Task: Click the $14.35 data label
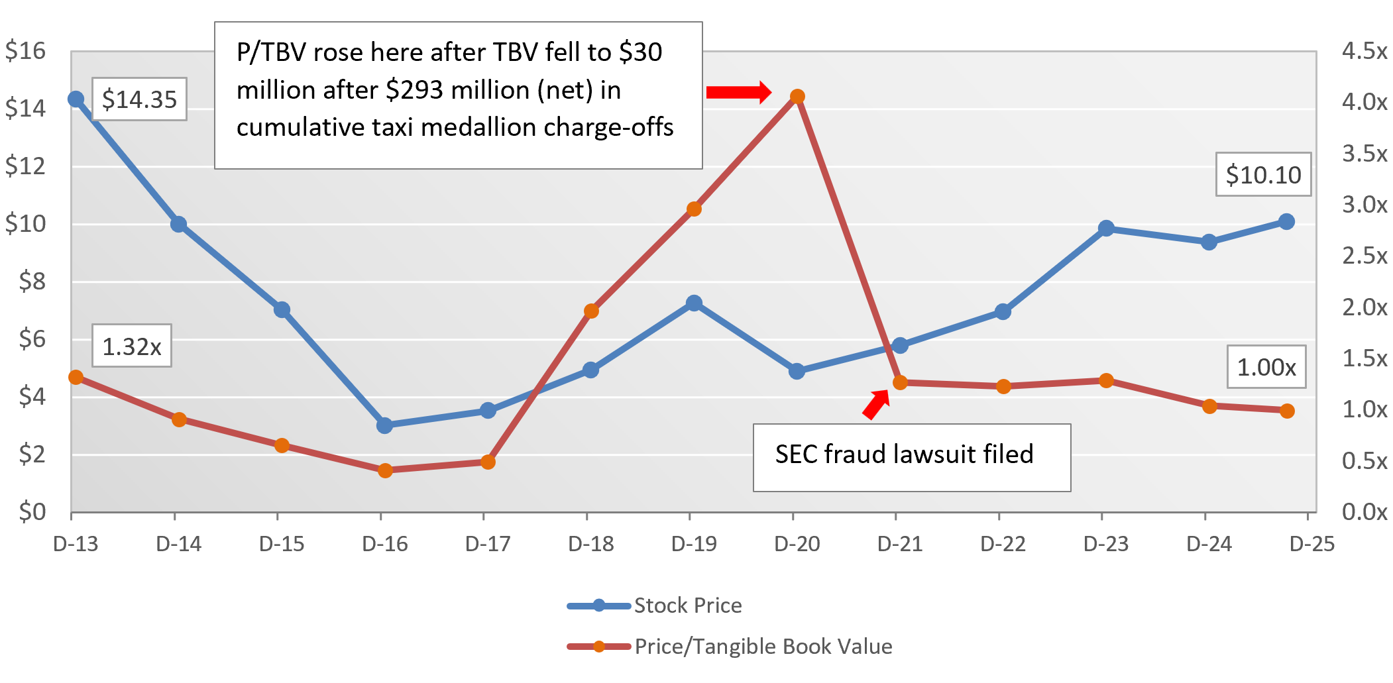[x=139, y=99]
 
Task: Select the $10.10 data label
[x=1263, y=175]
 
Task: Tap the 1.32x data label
[x=132, y=346]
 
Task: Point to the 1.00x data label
[x=1266, y=366]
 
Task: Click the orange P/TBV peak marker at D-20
[x=797, y=97]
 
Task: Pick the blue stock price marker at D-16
[x=384, y=425]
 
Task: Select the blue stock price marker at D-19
[x=694, y=303]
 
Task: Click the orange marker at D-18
[x=591, y=311]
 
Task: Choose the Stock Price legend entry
[x=687, y=605]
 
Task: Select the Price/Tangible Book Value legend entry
[x=763, y=647]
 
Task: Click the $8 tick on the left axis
[x=32, y=282]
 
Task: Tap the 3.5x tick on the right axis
[x=1364, y=154]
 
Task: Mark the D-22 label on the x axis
[x=1003, y=545]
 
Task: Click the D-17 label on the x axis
[x=488, y=545]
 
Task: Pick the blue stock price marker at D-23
[x=1105, y=229]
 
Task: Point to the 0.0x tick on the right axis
[x=1364, y=512]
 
